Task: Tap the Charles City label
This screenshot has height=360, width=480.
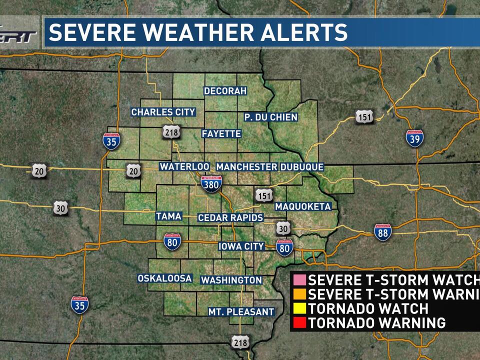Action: pos(163,112)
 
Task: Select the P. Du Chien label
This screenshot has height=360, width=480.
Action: pos(270,117)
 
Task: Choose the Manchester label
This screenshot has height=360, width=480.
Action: pos(246,166)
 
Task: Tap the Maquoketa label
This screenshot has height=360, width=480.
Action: pos(303,206)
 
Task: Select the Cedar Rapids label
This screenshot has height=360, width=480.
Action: pos(230,217)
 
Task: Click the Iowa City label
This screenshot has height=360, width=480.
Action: pos(241,246)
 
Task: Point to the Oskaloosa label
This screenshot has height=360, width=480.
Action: pos(165,278)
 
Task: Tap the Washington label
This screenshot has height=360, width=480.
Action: pos(231,280)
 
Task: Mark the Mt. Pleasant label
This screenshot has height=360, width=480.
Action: pos(241,311)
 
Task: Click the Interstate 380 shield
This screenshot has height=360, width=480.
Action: pos(211,184)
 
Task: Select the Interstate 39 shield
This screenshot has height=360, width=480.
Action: pos(414,137)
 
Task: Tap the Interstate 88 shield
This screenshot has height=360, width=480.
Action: pos(382,232)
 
